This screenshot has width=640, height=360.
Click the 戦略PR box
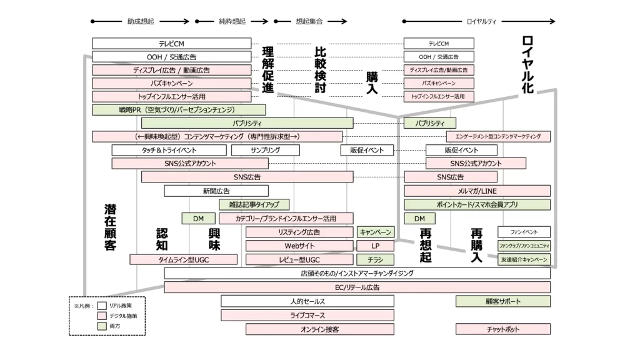(179, 110)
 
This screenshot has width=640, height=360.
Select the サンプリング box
(265, 150)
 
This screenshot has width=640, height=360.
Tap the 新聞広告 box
(216, 191)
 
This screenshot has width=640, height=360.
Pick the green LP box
(375, 246)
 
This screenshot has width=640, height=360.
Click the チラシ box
(375, 259)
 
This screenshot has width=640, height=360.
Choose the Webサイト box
(299, 246)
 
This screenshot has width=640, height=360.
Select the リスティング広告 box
(299, 232)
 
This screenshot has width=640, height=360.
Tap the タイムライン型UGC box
(184, 259)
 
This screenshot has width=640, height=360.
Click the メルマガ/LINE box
(477, 191)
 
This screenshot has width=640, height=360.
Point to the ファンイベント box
(524, 232)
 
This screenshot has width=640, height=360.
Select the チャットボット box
(503, 329)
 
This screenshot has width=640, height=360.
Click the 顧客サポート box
(503, 301)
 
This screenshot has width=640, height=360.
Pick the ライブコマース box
(307, 315)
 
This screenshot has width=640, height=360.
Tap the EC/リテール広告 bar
(357, 287)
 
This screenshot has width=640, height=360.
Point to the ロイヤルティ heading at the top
(482, 21)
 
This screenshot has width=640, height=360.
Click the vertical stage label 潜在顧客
(110, 226)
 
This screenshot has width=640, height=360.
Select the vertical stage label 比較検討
(320, 70)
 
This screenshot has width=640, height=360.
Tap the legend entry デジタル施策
(122, 316)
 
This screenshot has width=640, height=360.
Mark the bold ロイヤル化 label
(527, 65)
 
